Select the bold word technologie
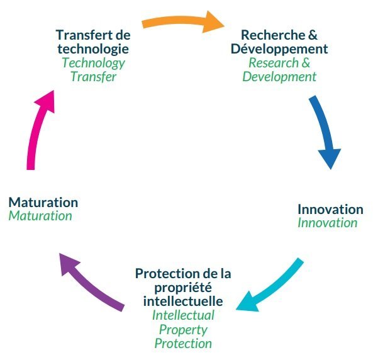pyautogui.click(x=93, y=49)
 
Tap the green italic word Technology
pyautogui.click(x=94, y=63)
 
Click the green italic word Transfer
pyautogui.click(x=94, y=77)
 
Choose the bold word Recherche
pyautogui.click(x=273, y=35)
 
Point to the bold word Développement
pyautogui.click(x=279, y=49)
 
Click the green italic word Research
pyautogui.click(x=274, y=63)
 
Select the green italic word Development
pyautogui.click(x=279, y=77)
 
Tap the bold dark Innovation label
pyautogui.click(x=330, y=210)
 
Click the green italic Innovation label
pyautogui.click(x=328, y=223)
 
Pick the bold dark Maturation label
pyautogui.click(x=43, y=203)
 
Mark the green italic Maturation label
pyautogui.click(x=40, y=217)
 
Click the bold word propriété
pyautogui.click(x=183, y=288)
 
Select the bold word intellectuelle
pyautogui.click(x=183, y=301)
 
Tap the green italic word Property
pyautogui.click(x=183, y=330)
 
